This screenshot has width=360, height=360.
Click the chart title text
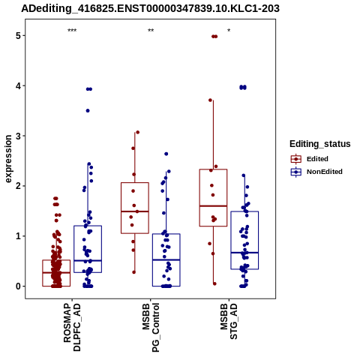tap(150, 9)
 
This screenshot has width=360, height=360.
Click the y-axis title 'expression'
tap(8, 159)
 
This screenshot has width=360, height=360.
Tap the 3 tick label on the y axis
tap(18, 136)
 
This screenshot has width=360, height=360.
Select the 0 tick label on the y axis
tap(18, 286)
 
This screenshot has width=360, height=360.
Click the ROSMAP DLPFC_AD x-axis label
tap(72, 328)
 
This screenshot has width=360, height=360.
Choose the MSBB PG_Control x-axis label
tap(151, 328)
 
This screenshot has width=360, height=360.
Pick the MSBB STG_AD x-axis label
tap(229, 322)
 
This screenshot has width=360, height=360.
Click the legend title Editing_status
tap(320, 144)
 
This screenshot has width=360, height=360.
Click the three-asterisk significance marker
tap(72, 31)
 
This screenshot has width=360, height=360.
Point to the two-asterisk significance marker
tap(151, 31)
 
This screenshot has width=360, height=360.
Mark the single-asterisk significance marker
tap(229, 31)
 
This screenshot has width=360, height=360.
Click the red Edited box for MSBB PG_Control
tap(121, 208)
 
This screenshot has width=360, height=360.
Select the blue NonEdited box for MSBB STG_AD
tap(231, 240)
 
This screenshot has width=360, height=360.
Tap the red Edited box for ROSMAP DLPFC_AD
tap(43, 273)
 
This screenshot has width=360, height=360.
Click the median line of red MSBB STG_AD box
tap(213, 206)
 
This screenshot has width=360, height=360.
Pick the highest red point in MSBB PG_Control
tap(137, 132)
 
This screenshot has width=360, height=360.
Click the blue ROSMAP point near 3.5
tap(88, 111)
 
